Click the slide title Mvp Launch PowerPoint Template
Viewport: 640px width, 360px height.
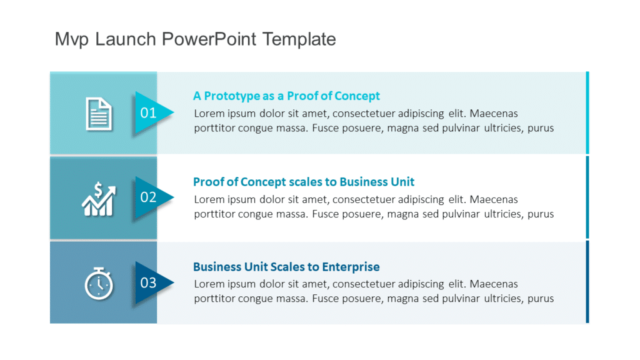(195, 39)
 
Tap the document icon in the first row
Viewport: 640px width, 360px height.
(99, 114)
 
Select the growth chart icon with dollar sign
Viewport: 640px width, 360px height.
(99, 199)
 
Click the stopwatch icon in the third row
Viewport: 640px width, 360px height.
(99, 283)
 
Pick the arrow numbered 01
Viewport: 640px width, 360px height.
(151, 113)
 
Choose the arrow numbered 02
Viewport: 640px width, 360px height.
(151, 198)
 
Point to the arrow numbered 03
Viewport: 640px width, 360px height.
(151, 283)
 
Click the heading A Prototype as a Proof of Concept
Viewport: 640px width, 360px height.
(286, 96)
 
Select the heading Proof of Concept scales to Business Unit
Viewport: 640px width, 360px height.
(304, 182)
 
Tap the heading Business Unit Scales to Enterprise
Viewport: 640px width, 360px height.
(286, 267)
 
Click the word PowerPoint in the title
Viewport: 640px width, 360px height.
(209, 39)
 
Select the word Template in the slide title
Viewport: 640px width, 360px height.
(299, 39)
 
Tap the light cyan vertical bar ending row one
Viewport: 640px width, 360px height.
(587, 112)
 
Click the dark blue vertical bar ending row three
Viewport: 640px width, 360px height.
(587, 282)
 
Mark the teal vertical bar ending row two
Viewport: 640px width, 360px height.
(587, 197)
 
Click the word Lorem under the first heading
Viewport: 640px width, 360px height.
(208, 114)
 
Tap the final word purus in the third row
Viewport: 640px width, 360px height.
(541, 299)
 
